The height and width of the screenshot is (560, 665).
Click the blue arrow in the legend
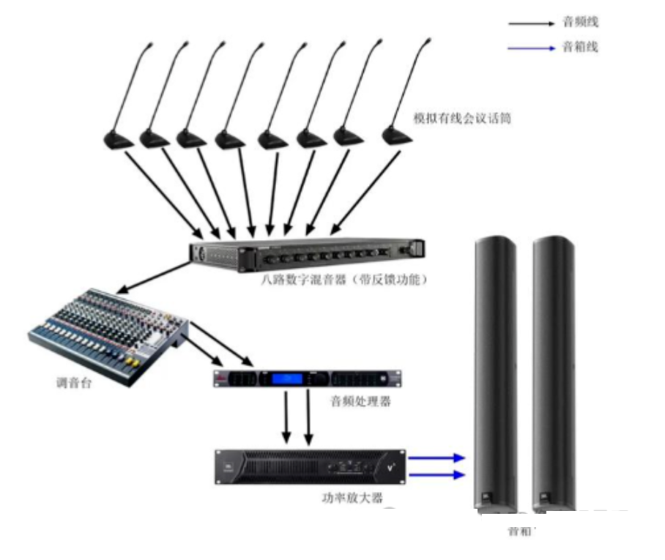coord(532,48)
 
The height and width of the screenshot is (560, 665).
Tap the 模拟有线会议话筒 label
coord(462,118)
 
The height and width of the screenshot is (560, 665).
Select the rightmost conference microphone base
coord(396,136)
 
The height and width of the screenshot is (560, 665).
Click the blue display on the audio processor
coord(288,379)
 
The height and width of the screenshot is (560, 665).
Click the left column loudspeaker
coord(495,373)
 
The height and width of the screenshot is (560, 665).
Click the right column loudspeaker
coord(553,373)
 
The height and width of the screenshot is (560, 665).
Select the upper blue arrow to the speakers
coord(437,458)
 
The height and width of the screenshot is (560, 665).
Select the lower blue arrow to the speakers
coord(437,475)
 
